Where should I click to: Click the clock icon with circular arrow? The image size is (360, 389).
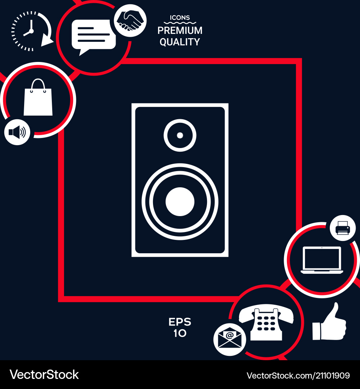(x=30, y=31)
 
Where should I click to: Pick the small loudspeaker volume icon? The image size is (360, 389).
(x=17, y=132)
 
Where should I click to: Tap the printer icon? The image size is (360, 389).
(x=342, y=228)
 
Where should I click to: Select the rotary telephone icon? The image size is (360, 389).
(x=266, y=323)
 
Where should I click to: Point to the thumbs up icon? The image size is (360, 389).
(x=329, y=323)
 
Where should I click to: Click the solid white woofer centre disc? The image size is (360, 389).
(x=180, y=202)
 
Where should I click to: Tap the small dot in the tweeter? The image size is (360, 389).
(x=180, y=135)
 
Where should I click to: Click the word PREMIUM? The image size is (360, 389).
(x=180, y=31)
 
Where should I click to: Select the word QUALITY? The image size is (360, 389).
(x=180, y=42)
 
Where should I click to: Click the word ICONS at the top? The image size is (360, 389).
(x=180, y=18)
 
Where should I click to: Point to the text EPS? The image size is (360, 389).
(x=180, y=322)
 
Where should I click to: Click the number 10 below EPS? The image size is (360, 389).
(x=180, y=334)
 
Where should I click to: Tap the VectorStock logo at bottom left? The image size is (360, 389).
(x=44, y=375)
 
